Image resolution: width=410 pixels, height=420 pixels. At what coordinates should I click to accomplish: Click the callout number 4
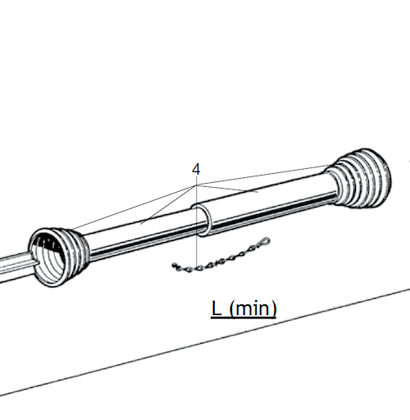[x=196, y=169]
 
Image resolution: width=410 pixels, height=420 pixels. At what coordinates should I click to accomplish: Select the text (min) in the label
[x=253, y=309]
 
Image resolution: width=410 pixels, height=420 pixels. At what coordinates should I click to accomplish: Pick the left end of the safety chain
[x=175, y=265]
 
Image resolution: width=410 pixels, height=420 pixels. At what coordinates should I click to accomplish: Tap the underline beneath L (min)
[x=244, y=319]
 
